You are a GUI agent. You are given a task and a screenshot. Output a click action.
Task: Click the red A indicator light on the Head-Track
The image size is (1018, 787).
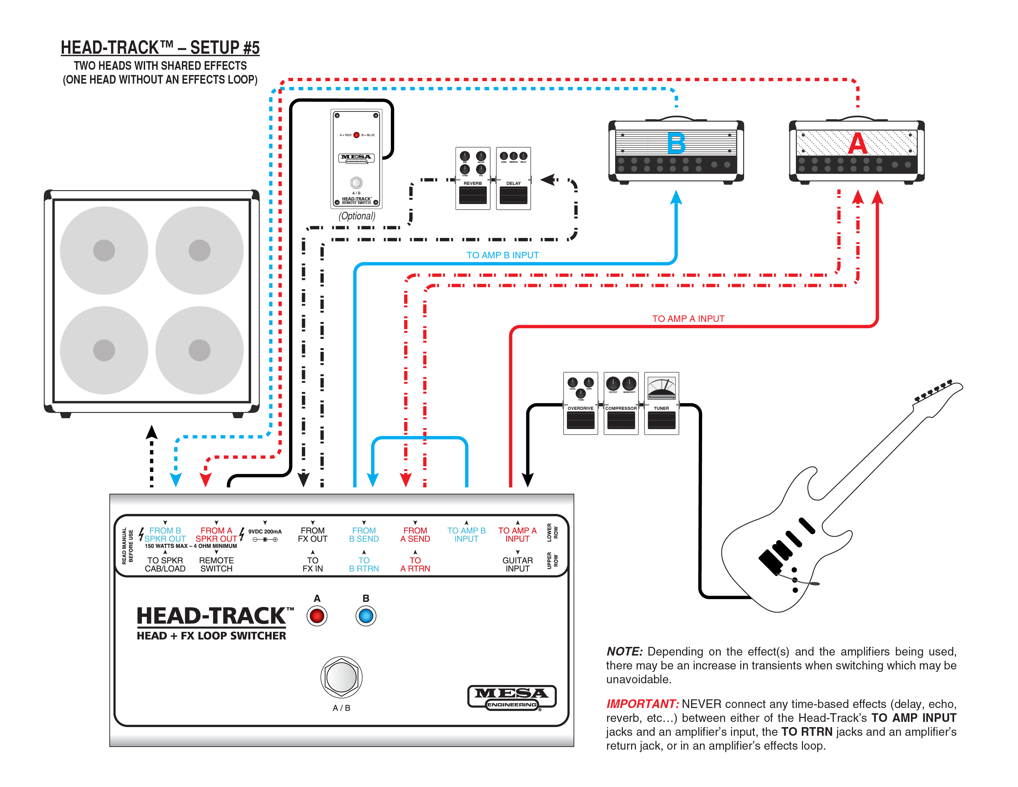pyautogui.click(x=317, y=616)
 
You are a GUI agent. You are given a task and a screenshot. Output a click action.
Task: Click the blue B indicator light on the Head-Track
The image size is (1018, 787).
pyautogui.click(x=366, y=616)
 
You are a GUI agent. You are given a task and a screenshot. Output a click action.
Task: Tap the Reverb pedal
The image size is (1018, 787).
pyautogui.click(x=473, y=179)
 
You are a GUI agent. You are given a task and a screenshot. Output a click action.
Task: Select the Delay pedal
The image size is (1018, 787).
pyautogui.click(x=513, y=179)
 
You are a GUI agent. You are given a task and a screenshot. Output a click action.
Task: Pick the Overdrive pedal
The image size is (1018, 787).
pyautogui.click(x=580, y=404)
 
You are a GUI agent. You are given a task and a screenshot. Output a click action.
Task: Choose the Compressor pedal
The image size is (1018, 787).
pyautogui.click(x=621, y=404)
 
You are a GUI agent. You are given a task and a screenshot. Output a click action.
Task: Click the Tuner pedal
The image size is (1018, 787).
pyautogui.click(x=661, y=404)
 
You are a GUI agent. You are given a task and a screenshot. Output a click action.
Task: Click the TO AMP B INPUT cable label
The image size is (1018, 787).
pyautogui.click(x=503, y=255)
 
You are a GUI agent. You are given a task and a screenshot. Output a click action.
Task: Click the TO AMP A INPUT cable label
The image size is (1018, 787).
pyautogui.click(x=688, y=319)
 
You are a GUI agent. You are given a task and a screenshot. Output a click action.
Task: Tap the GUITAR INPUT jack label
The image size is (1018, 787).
pyautogui.click(x=517, y=564)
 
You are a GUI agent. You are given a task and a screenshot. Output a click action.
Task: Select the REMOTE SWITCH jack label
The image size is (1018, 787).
pyautogui.click(x=216, y=564)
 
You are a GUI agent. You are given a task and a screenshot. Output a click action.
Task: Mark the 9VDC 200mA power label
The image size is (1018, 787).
pyautogui.click(x=265, y=531)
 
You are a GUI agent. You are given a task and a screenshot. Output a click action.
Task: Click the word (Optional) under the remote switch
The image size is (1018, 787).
pyautogui.click(x=357, y=216)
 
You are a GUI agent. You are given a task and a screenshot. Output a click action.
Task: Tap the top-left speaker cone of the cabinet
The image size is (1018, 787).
pyautogui.click(x=104, y=250)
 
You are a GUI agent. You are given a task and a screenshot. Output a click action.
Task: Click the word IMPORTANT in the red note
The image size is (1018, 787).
pyautogui.click(x=642, y=704)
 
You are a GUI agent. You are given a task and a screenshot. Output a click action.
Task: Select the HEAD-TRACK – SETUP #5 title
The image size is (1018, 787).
pyautogui.click(x=160, y=48)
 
